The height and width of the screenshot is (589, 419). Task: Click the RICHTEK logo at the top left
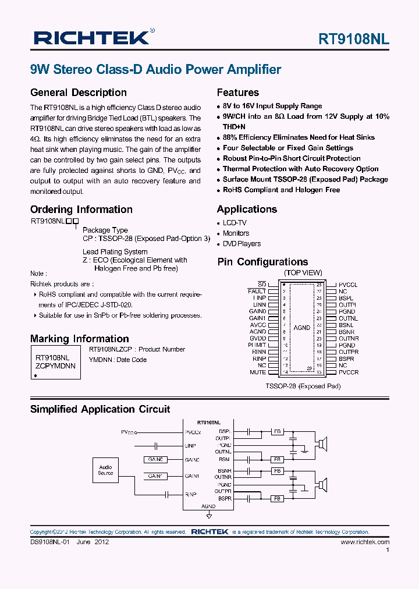tap(91, 38)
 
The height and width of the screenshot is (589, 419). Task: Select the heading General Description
tap(78, 93)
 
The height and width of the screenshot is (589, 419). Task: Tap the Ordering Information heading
tap(81, 210)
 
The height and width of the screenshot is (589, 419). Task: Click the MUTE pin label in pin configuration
tap(258, 372)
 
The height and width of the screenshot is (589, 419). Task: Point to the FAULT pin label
tap(257, 291)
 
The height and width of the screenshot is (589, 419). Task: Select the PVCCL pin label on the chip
tap(348, 284)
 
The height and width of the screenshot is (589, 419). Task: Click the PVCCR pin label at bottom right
tap(349, 372)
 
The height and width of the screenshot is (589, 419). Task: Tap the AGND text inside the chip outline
tap(301, 328)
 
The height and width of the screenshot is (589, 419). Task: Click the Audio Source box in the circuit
tap(105, 470)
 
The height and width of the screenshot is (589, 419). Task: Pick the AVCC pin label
tap(258, 325)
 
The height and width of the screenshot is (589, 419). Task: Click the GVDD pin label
tap(258, 338)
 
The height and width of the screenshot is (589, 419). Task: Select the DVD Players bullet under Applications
tap(242, 244)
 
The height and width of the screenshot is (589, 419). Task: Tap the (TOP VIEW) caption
tap(303, 273)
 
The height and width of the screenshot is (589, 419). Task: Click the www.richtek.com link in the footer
tap(365, 542)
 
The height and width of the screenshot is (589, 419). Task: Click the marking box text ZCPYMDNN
tap(55, 366)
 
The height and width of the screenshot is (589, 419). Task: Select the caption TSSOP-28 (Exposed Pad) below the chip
tap(303, 386)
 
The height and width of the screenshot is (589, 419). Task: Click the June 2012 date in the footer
tap(93, 542)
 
